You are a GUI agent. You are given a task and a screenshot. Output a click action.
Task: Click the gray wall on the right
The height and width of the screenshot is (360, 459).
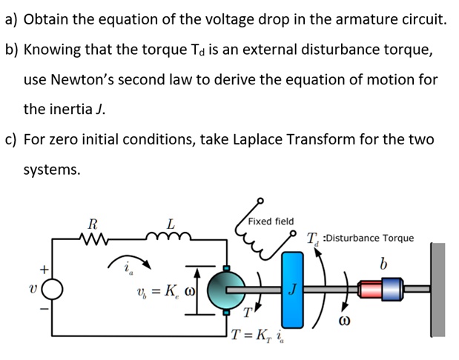438,289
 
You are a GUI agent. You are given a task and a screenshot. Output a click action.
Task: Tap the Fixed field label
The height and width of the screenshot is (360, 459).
271,221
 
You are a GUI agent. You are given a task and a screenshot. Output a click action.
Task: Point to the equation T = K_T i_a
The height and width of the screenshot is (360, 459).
256,336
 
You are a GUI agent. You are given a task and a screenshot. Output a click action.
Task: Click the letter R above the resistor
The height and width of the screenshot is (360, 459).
92,222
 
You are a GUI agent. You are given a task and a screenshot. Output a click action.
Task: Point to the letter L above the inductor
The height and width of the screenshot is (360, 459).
171,222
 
